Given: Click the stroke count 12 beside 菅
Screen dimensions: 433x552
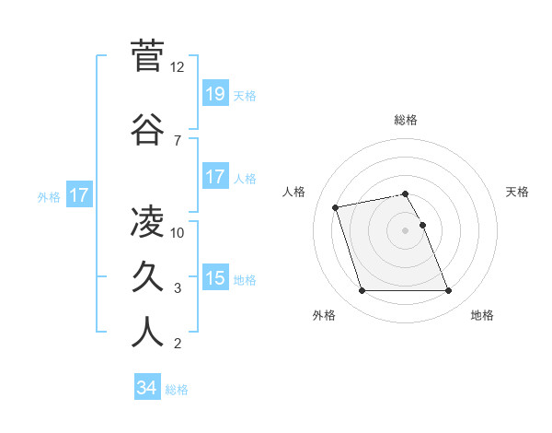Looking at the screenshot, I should click(178, 67).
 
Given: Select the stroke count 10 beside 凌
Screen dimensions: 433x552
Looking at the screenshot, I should click(178, 232).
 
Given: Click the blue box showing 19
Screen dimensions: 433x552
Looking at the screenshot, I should click(215, 94).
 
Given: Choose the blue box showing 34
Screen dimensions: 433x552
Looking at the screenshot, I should click(147, 388).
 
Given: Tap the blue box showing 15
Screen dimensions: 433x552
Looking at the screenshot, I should click(215, 278).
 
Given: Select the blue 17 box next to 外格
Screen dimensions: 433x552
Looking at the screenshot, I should click(79, 195).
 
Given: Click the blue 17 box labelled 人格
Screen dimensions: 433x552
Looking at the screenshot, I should click(215, 177).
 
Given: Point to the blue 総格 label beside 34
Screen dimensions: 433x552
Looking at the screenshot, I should click(177, 390).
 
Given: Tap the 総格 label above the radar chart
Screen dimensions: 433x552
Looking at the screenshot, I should click(406, 120).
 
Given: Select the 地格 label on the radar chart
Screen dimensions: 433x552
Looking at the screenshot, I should click(482, 315).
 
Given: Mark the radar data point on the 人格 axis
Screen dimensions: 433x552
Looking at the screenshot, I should click(336, 206).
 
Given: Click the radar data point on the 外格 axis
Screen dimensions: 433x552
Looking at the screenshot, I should click(362, 291).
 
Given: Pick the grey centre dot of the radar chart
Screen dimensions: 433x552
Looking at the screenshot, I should click(406, 229).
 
